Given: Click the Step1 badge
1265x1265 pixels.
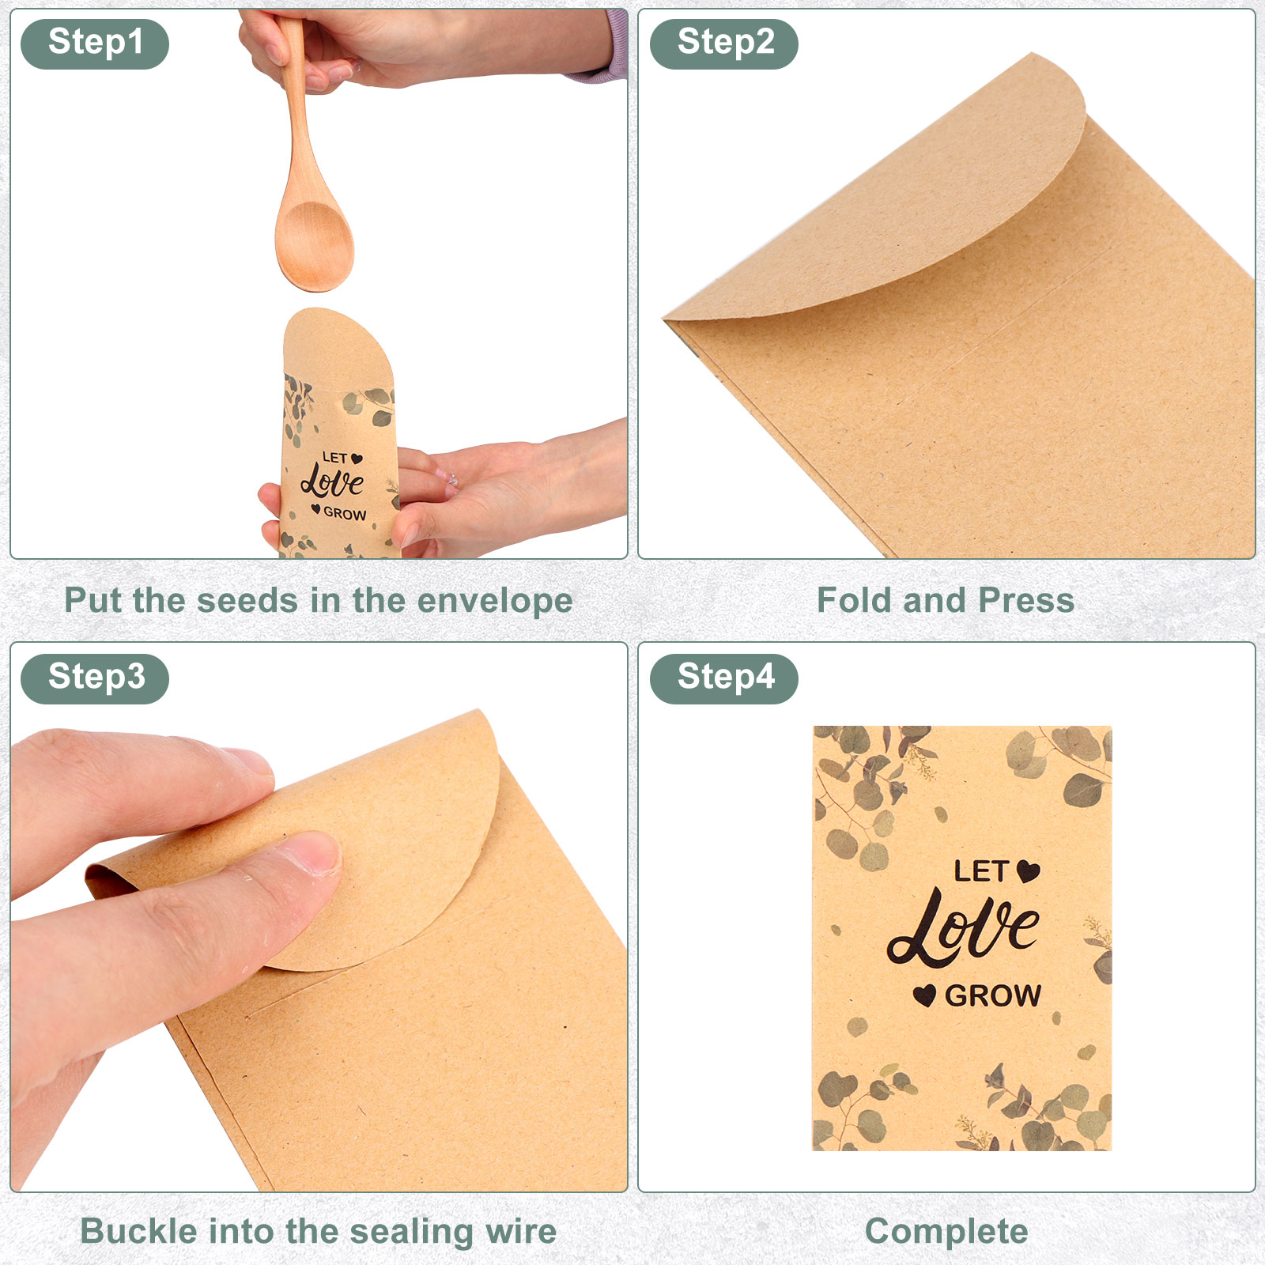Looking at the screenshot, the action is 95,43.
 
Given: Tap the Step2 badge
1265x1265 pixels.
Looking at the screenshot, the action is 724,43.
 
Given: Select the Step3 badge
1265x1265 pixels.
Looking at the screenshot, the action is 95,678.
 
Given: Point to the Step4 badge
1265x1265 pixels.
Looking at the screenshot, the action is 724,678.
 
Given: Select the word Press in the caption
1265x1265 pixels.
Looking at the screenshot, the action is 1026,600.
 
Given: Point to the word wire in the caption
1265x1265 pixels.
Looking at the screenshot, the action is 520,1231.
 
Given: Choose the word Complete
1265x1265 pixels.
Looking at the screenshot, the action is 946,1233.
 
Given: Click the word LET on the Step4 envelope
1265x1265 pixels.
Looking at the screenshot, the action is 980,871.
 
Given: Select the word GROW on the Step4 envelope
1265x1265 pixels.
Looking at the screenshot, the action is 993,995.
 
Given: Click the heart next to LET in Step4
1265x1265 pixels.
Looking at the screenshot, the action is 1028,871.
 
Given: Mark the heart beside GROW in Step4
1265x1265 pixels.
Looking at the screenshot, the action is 924,995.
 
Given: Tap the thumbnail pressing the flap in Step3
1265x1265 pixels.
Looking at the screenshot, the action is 312,855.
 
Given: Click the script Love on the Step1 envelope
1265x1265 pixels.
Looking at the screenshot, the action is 332,480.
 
